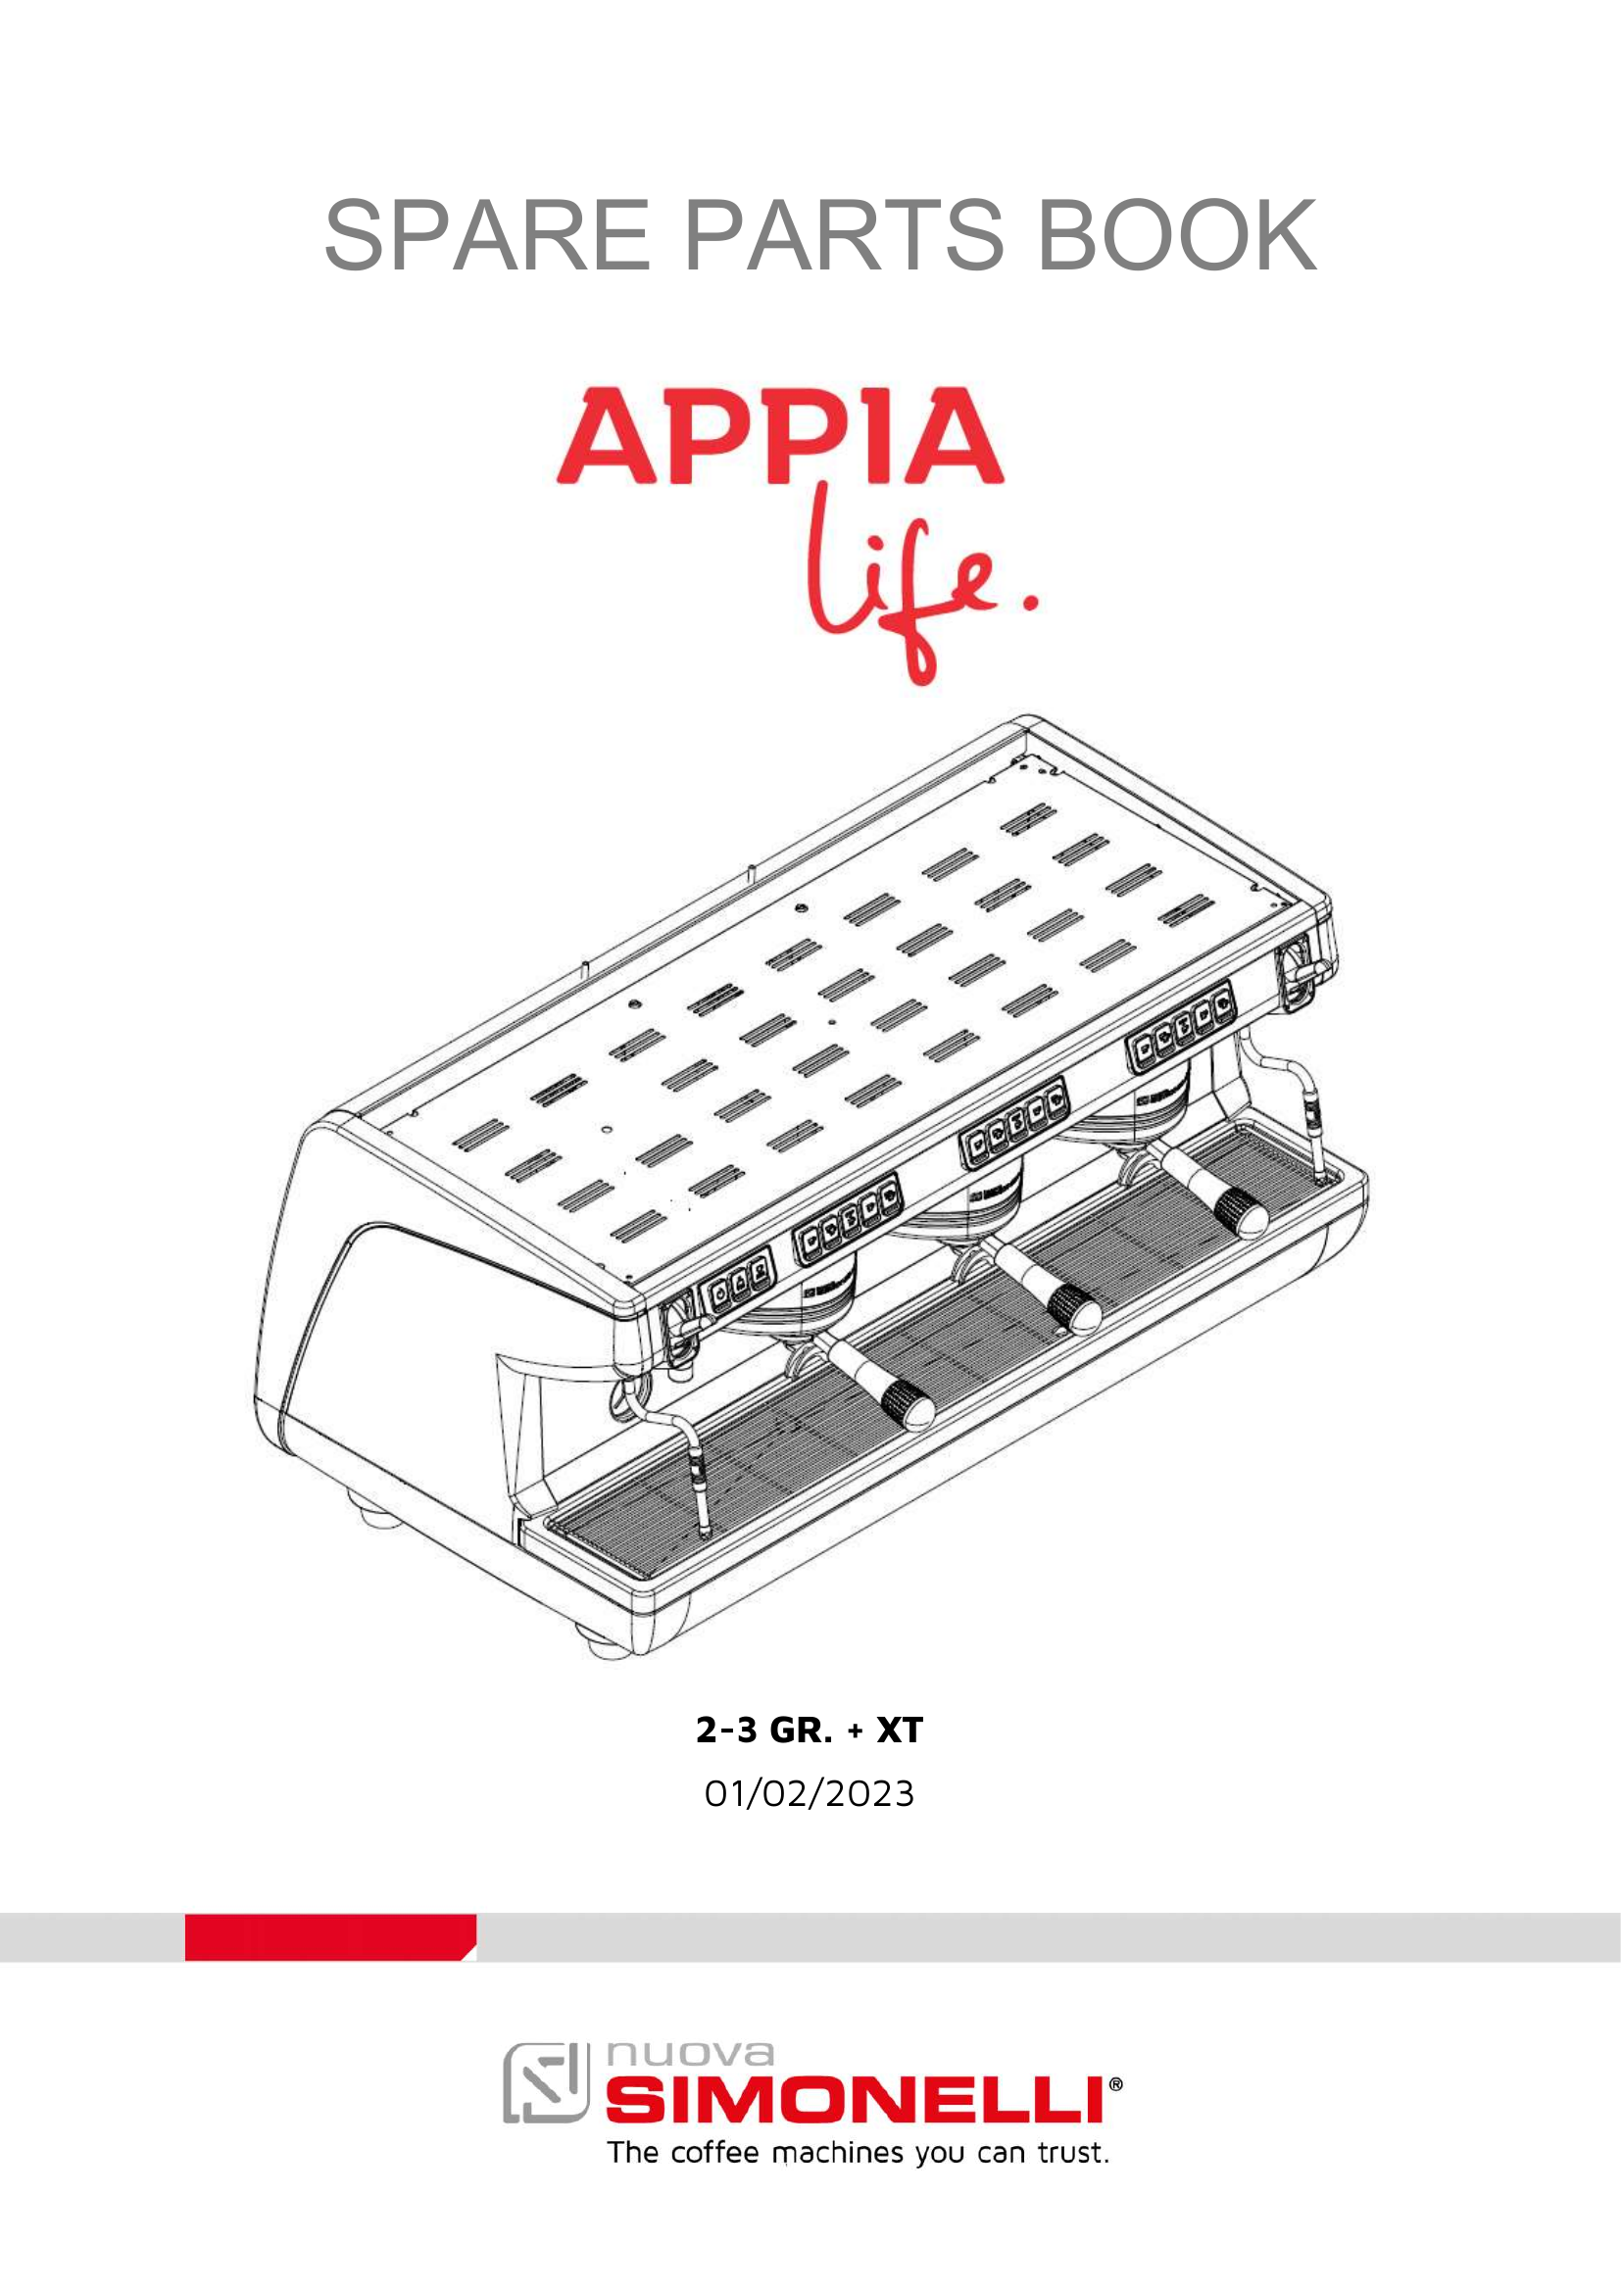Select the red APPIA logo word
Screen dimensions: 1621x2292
point(779,436)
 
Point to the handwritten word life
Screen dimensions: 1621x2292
point(904,579)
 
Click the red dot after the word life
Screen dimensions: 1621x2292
point(1030,602)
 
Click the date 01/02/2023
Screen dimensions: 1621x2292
point(810,1794)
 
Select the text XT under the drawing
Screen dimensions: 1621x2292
point(900,1730)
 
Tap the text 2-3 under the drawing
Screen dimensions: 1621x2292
point(726,1730)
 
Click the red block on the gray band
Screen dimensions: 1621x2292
point(330,1936)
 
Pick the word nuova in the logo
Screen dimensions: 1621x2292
point(690,2054)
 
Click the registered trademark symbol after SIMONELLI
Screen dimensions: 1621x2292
point(1116,2084)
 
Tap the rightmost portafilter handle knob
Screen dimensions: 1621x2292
point(1240,1213)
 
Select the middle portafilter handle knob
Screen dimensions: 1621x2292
point(1074,1308)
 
